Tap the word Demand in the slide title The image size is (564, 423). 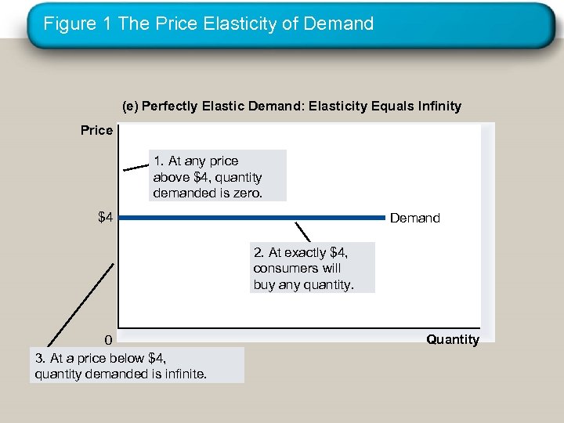(341, 23)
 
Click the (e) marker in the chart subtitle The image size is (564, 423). (130, 106)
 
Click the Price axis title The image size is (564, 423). (96, 130)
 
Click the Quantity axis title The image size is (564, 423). (453, 339)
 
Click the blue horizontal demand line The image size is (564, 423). (251, 217)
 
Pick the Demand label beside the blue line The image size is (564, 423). (415, 218)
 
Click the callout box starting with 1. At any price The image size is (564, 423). (219, 176)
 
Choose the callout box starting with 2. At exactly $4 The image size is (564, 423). (311, 268)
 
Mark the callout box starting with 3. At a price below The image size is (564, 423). (139, 365)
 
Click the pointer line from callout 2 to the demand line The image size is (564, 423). (302, 232)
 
